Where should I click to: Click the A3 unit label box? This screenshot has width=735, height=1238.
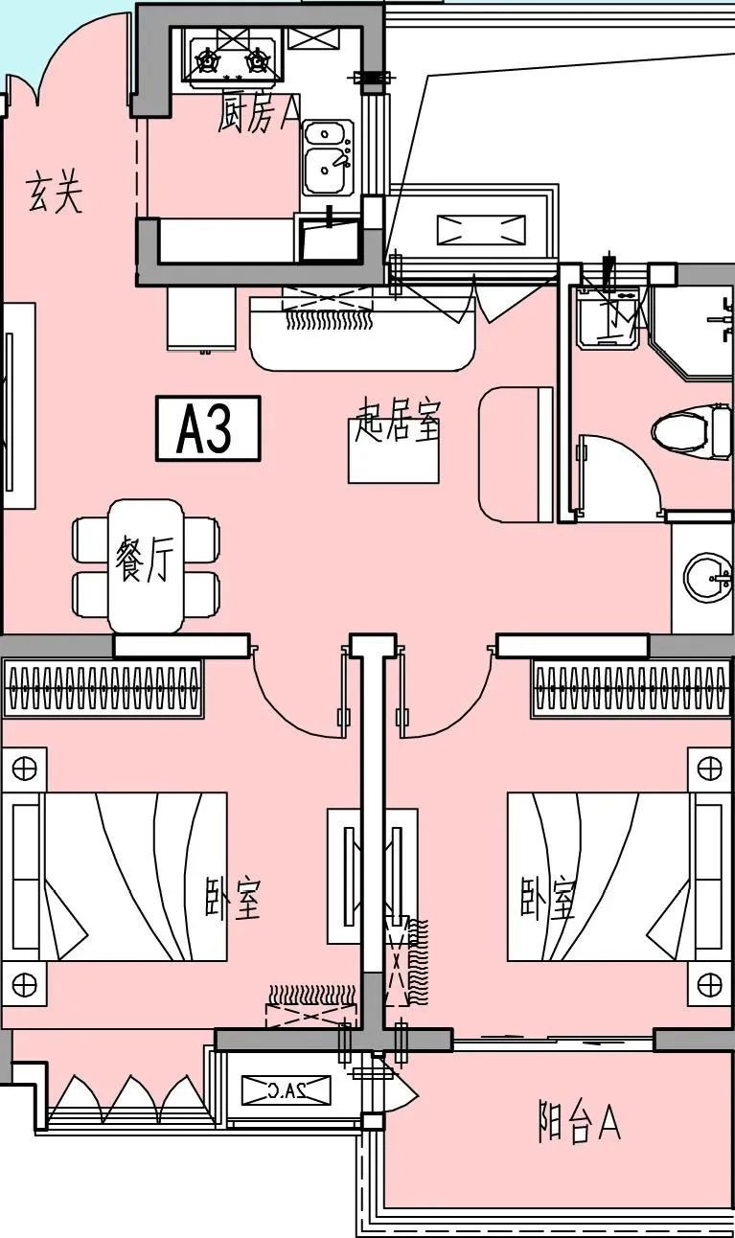click(208, 428)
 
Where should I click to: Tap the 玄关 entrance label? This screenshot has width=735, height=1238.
click(55, 193)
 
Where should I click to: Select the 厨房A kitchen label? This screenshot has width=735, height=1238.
click(257, 115)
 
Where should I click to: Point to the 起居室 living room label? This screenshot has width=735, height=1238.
click(398, 422)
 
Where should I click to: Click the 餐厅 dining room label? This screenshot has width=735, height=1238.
click(143, 560)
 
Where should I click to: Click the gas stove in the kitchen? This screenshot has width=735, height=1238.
click(232, 60)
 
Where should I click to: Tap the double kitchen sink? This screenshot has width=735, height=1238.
click(328, 157)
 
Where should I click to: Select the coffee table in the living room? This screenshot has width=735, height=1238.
click(393, 462)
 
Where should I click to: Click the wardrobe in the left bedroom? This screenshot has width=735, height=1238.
click(103, 688)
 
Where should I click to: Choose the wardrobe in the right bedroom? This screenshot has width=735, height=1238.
click(631, 688)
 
